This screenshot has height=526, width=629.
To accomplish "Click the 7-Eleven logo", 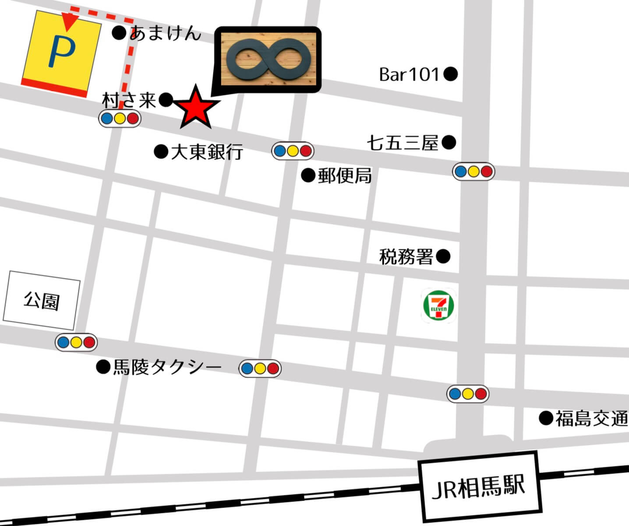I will (438, 306).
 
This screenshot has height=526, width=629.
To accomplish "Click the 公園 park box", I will (42, 300).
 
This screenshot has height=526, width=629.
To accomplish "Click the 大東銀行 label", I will (207, 152).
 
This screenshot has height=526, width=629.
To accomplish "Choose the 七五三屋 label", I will (403, 143).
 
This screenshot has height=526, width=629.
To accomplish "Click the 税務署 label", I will (406, 256).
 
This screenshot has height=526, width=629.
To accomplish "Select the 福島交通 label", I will (591, 419).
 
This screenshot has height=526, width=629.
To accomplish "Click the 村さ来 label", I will (129, 100).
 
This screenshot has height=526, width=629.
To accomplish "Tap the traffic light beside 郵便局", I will (293, 151).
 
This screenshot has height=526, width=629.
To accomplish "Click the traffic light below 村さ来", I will (120, 118).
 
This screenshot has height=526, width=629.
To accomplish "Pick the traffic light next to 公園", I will (76, 342).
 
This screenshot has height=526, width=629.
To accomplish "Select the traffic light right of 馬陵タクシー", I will (260, 368).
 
